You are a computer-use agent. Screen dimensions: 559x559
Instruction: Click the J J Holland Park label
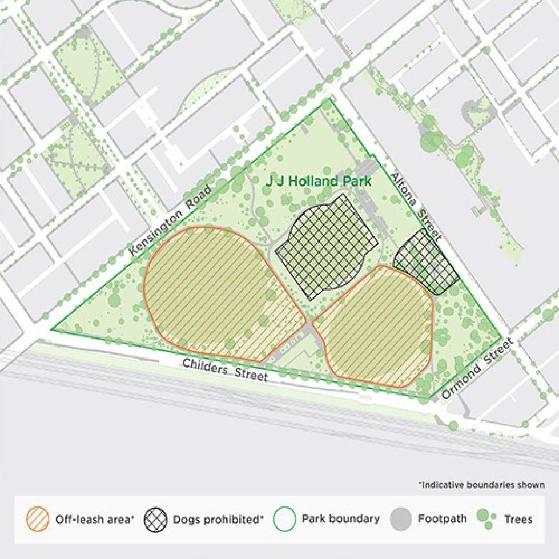pos(319,182)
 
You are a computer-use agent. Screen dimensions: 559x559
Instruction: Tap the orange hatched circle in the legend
pos(37,519)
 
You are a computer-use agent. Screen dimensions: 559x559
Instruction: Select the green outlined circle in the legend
pos(285,519)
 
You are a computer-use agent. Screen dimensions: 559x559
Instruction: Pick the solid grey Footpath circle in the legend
pos(401,519)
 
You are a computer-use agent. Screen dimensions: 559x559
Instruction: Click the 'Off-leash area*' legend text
pos(95,520)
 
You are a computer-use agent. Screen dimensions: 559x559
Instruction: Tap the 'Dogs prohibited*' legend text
pos(218,520)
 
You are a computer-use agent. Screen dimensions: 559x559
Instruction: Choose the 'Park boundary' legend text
pos(340,519)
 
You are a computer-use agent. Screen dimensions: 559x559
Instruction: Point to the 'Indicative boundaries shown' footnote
pos(481,485)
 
